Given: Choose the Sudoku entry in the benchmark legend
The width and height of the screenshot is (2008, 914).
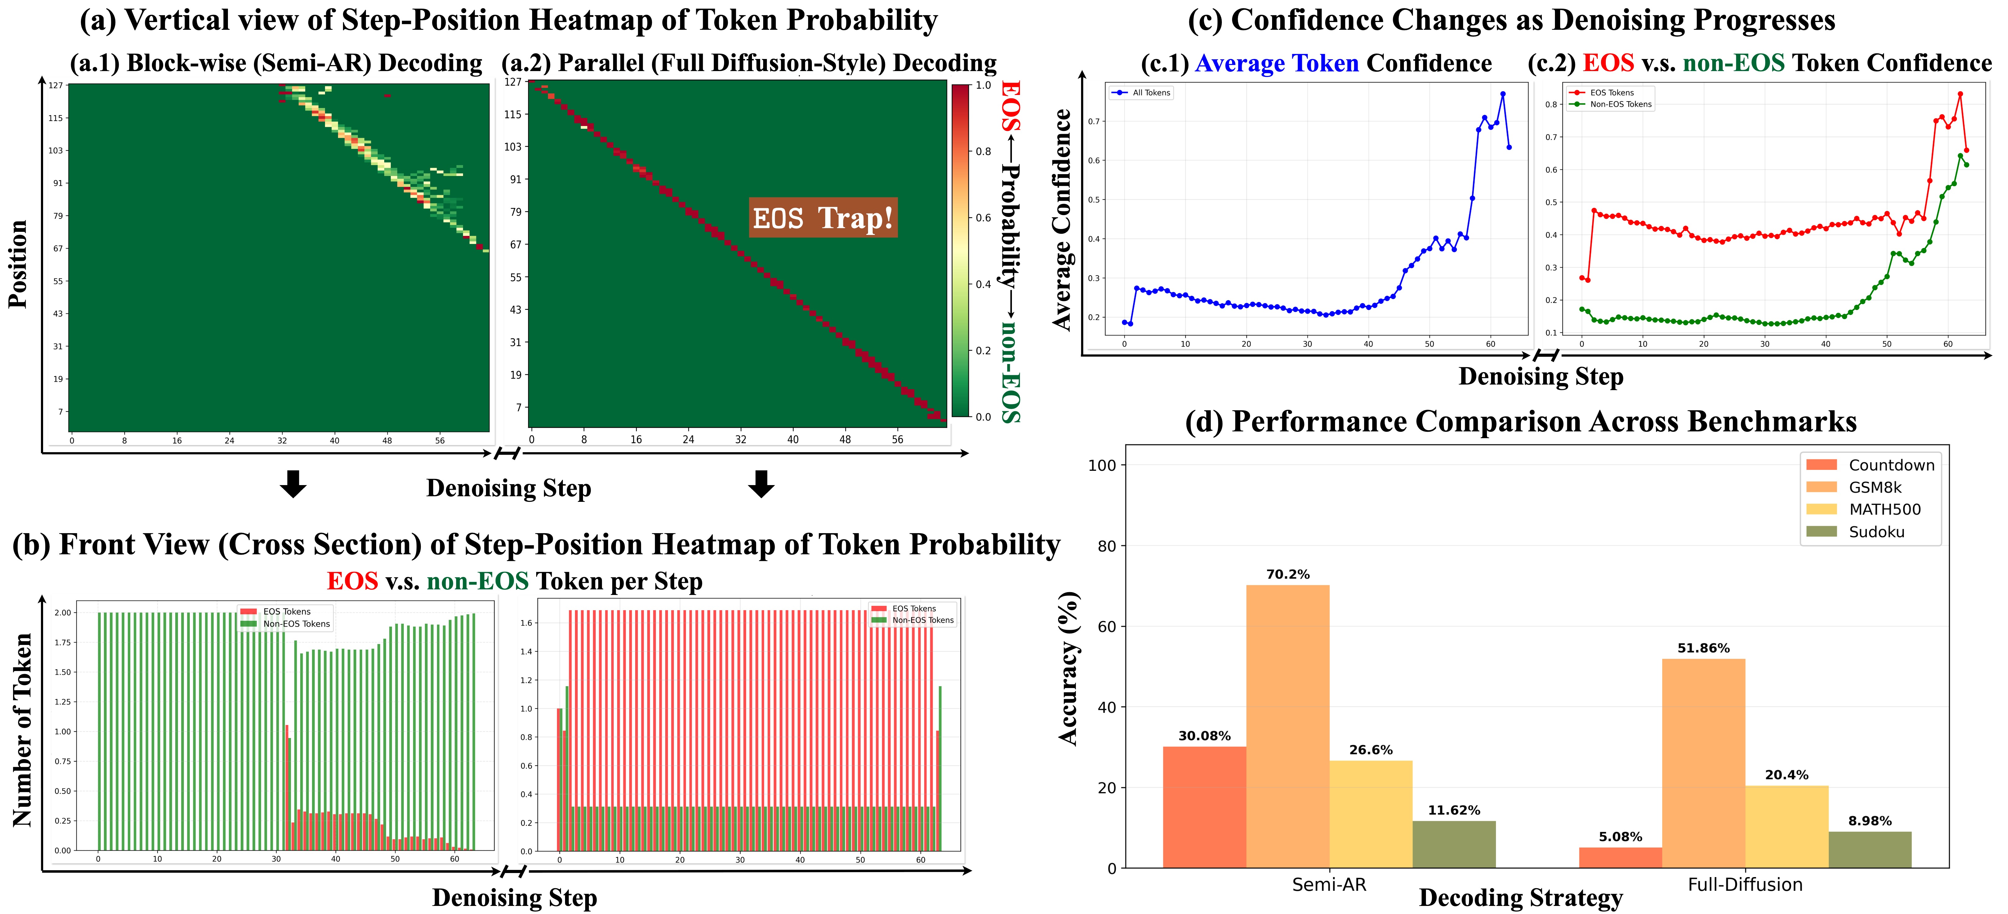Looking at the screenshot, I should click(1876, 532).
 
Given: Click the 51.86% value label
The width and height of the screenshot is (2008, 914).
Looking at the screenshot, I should click(1703, 648).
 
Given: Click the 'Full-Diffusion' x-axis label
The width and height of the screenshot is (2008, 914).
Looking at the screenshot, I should click(1744, 885).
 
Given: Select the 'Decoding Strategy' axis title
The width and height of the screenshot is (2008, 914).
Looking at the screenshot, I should click(1520, 898).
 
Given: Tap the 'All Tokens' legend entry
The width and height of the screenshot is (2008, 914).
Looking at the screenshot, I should click(1151, 93).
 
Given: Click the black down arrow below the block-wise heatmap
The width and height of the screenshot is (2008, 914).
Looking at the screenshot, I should click(293, 484).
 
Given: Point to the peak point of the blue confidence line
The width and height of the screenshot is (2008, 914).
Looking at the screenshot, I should click(1502, 94).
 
